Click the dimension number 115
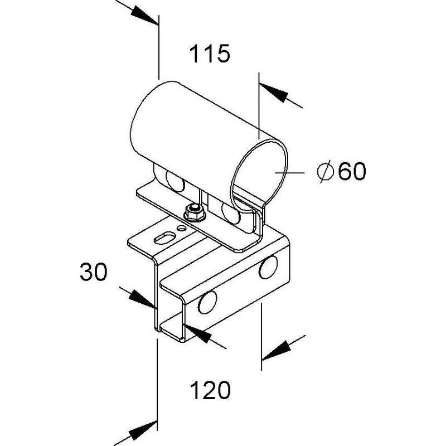210,54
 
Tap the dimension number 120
210,390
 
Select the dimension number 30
94,272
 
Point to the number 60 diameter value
352,171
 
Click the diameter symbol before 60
325,171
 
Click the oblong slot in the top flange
164,238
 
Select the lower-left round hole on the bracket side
207,302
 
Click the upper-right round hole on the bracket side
268,267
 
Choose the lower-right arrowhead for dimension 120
276,351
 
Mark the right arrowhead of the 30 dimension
197,333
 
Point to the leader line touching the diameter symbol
289,173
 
